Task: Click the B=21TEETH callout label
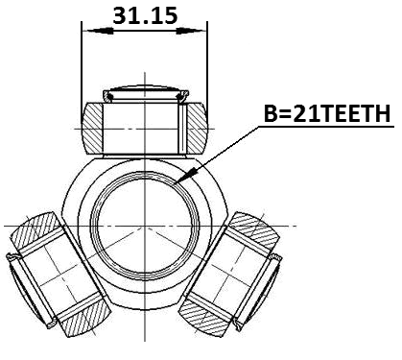click(x=326, y=113)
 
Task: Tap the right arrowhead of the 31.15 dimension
click(x=201, y=31)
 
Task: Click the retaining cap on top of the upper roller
click(x=144, y=94)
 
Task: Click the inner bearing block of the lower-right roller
click(x=237, y=274)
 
